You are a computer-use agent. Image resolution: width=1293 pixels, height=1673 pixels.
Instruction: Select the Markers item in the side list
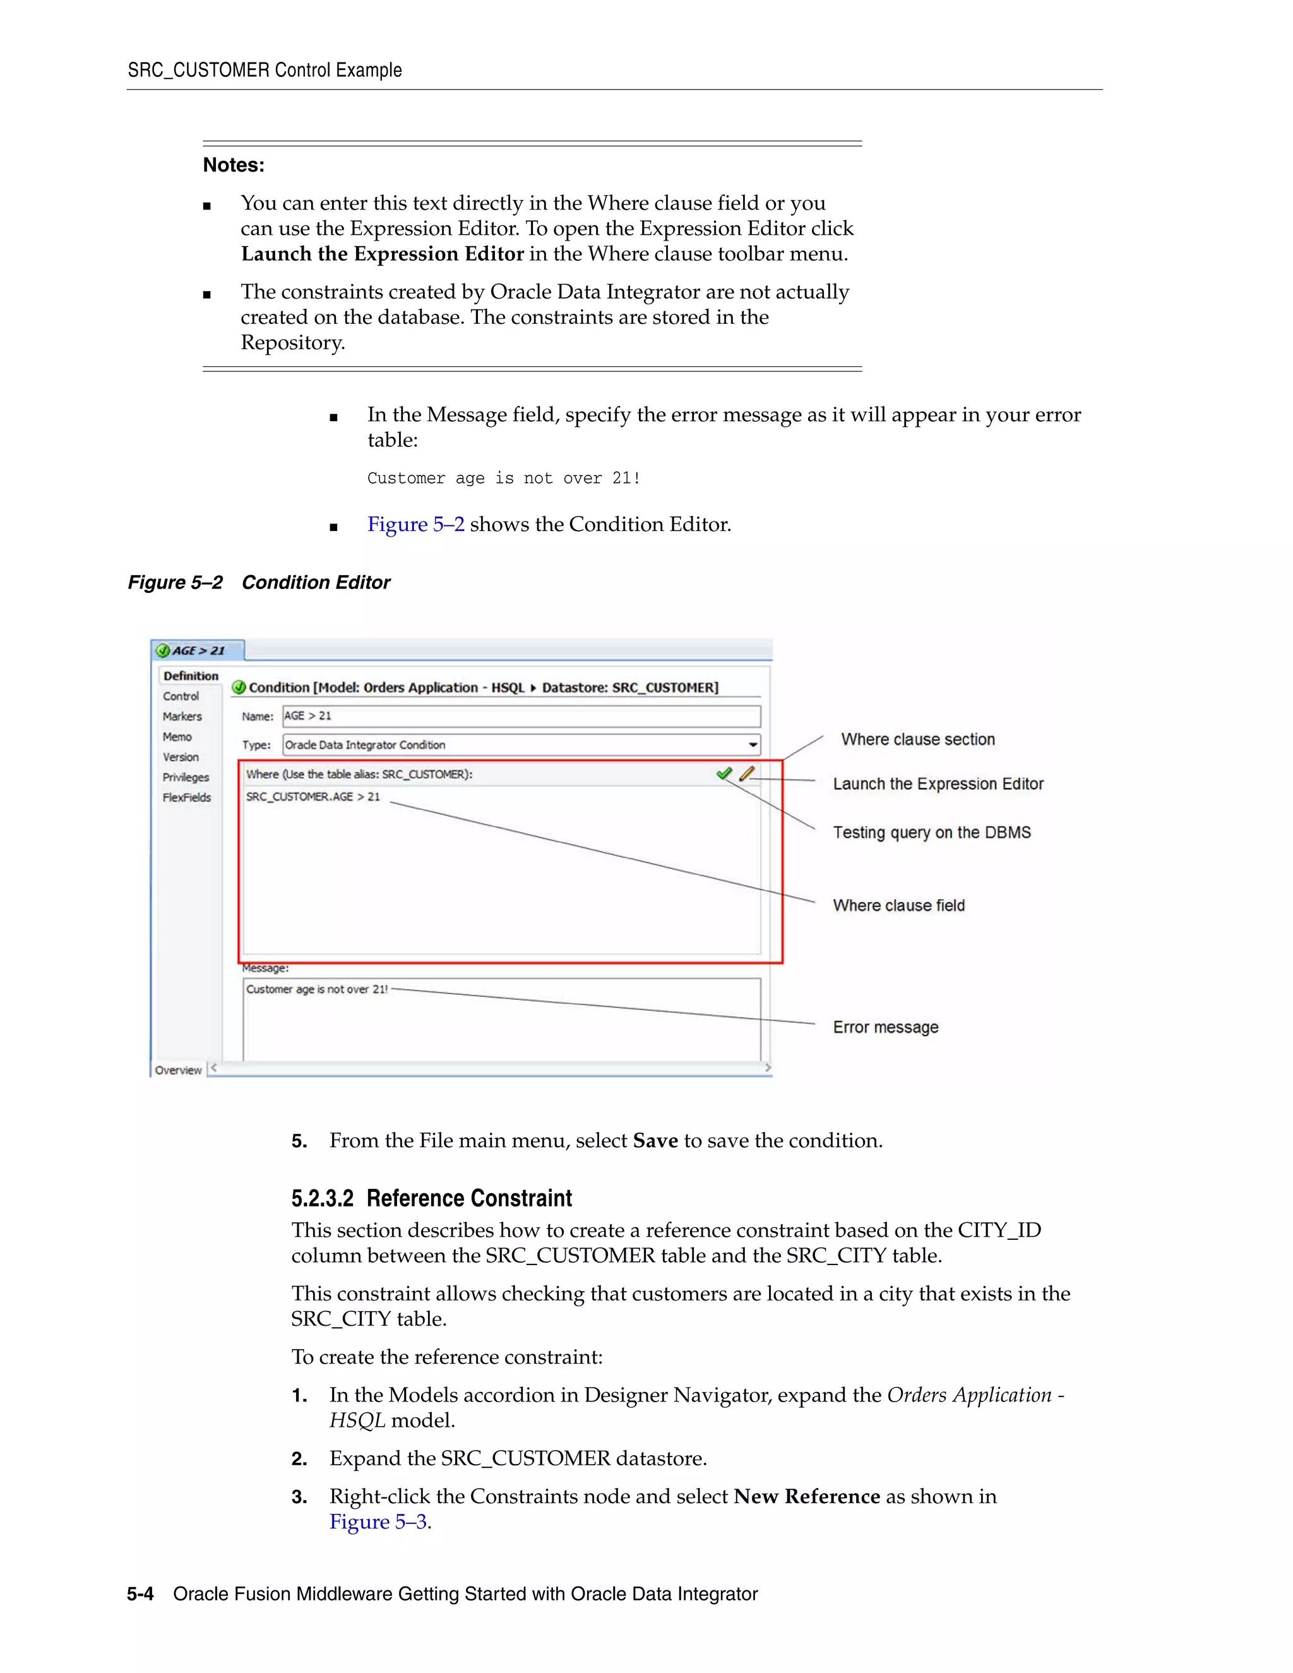coord(182,717)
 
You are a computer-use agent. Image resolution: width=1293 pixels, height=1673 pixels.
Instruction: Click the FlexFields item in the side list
coord(186,797)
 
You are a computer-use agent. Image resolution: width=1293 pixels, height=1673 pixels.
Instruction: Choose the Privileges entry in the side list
coord(186,777)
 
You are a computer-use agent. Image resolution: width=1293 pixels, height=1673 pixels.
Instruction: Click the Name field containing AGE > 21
coord(521,717)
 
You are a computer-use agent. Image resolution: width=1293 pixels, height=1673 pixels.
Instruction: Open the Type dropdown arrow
coord(753,744)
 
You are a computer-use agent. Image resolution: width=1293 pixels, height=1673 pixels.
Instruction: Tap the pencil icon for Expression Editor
coord(747,774)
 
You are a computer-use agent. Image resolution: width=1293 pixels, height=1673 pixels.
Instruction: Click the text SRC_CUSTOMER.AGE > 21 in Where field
coord(313,797)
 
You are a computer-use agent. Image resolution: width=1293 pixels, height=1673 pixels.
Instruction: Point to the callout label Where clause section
coord(917,739)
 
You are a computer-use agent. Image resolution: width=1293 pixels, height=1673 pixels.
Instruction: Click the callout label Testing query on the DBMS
coord(931,833)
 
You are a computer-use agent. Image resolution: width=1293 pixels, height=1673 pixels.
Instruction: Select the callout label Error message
coord(886,1027)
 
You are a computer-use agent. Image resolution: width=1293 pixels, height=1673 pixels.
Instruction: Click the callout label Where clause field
coord(898,905)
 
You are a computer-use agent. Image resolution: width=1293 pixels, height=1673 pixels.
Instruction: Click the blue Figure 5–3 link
coord(378,1522)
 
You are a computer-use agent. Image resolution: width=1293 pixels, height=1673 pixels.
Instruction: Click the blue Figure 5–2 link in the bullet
coord(416,525)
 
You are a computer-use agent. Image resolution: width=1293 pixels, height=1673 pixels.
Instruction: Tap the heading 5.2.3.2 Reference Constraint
coord(431,1198)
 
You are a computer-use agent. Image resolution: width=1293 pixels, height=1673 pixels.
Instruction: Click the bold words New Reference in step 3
coord(807,1496)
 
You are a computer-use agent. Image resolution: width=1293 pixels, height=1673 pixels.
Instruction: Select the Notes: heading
coord(234,165)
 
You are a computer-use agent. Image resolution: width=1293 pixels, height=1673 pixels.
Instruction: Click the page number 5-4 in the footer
coord(140,1594)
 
